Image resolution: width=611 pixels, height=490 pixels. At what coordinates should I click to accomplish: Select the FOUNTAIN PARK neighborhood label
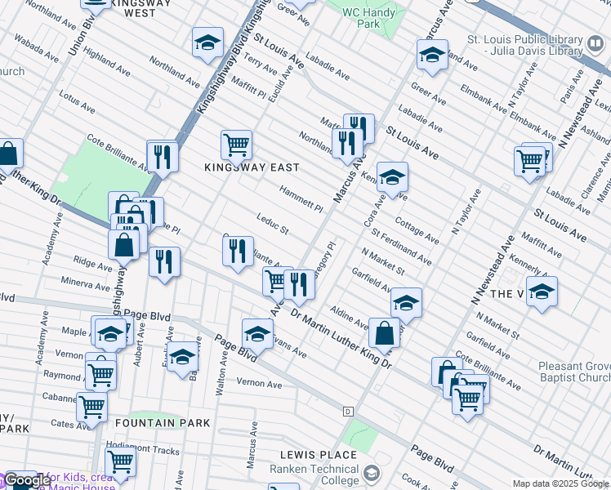coord(163,423)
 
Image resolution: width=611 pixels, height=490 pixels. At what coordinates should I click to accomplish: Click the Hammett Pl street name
coord(301,198)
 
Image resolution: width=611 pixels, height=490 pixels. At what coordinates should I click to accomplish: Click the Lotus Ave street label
coord(77,103)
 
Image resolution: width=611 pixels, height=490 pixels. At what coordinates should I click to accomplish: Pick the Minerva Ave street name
coord(85,283)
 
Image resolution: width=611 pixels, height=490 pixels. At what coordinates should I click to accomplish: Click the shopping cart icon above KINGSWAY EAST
coord(236,145)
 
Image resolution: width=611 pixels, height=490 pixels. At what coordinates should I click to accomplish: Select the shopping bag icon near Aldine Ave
coord(384,333)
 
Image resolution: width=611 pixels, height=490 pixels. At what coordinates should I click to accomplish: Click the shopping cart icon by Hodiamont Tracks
coord(121,462)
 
